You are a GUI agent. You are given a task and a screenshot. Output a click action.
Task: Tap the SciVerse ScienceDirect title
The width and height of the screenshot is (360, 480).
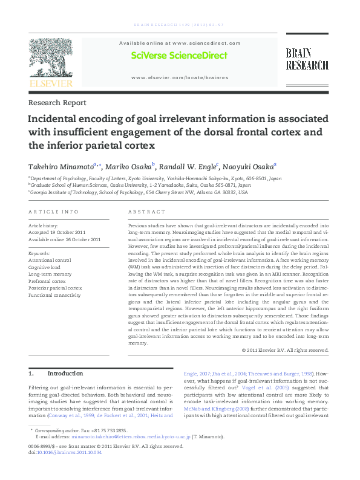[x=179, y=56]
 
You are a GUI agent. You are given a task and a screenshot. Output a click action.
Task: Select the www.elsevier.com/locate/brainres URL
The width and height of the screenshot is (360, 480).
[x=180, y=77]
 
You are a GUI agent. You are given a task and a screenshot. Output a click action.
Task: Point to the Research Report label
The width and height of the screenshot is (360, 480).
[x=57, y=103]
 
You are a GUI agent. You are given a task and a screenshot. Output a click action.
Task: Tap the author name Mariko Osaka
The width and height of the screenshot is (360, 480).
[x=130, y=166]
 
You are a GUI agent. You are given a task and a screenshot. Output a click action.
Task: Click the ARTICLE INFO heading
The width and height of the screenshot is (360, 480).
[x=54, y=212]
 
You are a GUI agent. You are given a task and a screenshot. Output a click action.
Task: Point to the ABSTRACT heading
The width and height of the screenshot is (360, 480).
[x=146, y=212]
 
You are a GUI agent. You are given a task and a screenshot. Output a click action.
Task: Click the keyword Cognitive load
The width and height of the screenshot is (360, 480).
[x=45, y=267]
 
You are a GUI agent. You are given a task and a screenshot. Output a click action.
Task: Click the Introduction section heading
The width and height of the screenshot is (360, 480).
[x=65, y=374]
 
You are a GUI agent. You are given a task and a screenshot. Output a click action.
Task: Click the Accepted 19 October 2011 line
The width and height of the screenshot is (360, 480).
[x=57, y=232]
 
